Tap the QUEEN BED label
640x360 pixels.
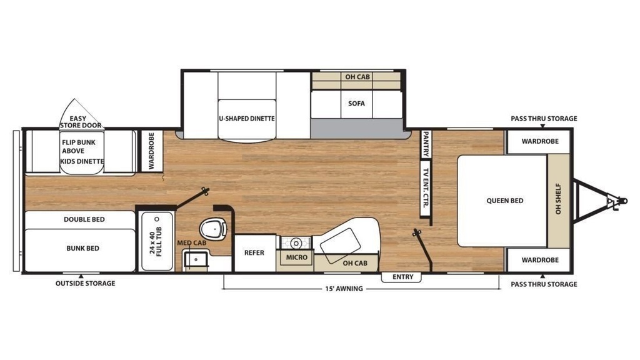pos(504,201)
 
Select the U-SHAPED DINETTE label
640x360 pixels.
pos(246,118)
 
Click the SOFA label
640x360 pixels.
pos(356,104)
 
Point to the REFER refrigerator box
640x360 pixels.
pos(255,253)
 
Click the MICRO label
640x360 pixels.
pos(296,257)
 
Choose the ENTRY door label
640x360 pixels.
pos(403,277)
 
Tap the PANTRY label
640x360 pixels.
pos(425,144)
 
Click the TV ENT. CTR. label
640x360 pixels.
pos(425,187)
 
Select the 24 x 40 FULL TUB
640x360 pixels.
pos(157,241)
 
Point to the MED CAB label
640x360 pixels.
pos(191,243)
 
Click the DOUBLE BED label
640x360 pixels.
pos(84,219)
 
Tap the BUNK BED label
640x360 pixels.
pos(83,248)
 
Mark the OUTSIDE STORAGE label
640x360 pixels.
pos(85,283)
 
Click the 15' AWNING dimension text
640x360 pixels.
pos(344,289)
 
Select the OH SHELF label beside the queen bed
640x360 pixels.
pos(558,199)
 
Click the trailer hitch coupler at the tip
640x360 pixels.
pos(622,201)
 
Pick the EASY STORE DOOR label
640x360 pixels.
pos(81,122)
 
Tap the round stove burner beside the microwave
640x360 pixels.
pos(296,244)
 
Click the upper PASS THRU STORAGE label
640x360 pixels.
pos(544,119)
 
